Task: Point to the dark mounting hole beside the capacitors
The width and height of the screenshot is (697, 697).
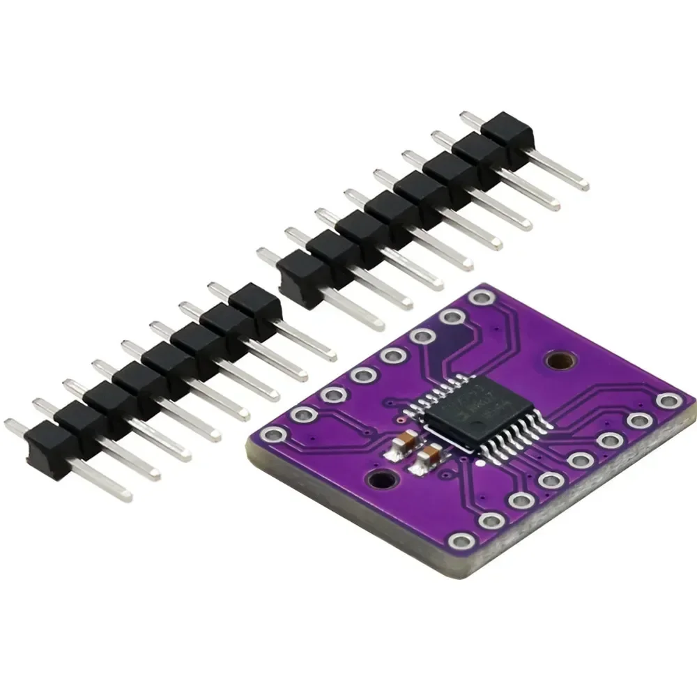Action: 380,480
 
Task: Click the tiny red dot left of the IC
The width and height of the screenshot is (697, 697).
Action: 398,422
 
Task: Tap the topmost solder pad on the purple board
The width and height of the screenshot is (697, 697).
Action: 479,298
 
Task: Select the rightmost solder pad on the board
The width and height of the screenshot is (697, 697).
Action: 669,401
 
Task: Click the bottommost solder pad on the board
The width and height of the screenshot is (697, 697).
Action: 461,540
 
